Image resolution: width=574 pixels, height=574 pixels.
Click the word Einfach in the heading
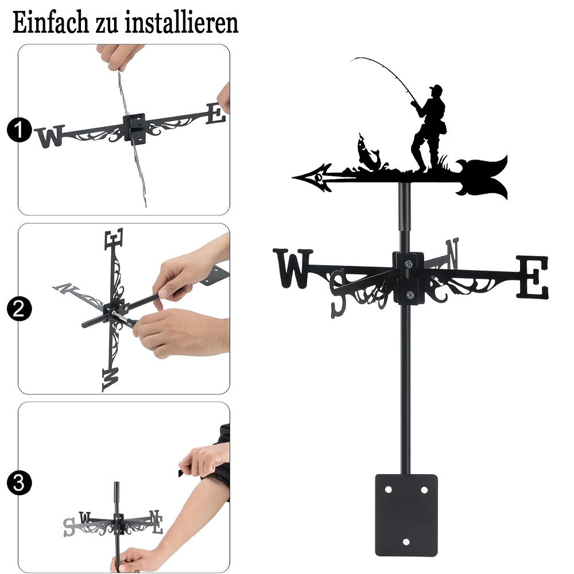click(x=51, y=22)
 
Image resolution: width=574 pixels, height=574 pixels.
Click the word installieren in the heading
click(x=181, y=22)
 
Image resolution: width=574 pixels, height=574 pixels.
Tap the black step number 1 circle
click(x=19, y=130)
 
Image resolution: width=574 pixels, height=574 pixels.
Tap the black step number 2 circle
click(x=19, y=309)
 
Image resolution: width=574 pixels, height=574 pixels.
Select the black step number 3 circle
click(x=19, y=483)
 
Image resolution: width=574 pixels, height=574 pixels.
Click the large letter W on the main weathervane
click(x=293, y=268)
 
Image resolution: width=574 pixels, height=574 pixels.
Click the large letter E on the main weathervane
click(x=533, y=277)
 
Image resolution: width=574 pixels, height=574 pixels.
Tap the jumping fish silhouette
click(x=368, y=154)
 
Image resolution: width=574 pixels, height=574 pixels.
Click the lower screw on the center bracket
click(x=410, y=294)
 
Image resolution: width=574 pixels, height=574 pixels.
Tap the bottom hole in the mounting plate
click(x=406, y=542)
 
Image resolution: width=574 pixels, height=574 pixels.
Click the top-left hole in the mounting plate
click(x=388, y=490)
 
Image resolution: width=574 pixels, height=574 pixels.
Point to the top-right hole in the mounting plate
click(x=424, y=490)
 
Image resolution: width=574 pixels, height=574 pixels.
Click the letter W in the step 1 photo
click(x=50, y=136)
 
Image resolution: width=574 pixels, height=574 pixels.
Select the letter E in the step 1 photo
click(x=215, y=114)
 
